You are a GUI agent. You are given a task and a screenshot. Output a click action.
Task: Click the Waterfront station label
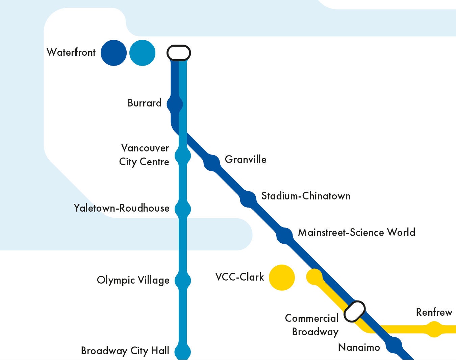click(71, 52)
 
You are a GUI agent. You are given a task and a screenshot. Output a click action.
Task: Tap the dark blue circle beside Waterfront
click(114, 53)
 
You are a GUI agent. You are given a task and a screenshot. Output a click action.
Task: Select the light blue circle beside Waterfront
click(143, 53)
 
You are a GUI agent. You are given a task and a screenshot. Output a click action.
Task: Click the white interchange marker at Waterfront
click(179, 53)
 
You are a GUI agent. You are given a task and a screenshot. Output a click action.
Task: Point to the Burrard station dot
click(175, 104)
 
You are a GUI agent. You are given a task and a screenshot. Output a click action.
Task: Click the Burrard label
click(145, 103)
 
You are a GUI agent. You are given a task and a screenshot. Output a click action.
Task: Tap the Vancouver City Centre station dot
click(183, 156)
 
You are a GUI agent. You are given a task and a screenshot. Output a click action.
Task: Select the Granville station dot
click(212, 163)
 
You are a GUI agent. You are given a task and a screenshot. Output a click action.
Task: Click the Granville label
click(246, 159)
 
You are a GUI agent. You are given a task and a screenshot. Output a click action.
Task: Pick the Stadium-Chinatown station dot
click(249, 199)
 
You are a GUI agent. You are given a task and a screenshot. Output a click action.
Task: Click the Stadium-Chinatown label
click(306, 196)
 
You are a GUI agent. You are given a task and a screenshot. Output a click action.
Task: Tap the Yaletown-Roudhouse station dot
click(183, 209)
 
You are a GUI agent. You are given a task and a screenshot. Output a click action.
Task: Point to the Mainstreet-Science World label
click(356, 233)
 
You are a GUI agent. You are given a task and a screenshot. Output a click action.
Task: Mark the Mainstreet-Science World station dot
click(285, 236)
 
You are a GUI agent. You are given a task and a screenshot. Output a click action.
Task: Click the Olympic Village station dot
click(183, 281)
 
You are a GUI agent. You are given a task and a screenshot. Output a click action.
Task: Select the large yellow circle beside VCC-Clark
click(282, 278)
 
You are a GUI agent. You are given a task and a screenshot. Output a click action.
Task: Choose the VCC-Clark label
click(239, 277)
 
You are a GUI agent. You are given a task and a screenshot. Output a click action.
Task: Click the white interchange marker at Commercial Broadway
click(355, 311)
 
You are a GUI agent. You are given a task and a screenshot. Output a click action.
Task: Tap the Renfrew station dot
click(434, 329)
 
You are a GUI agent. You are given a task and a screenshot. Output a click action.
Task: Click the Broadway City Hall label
click(125, 351)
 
